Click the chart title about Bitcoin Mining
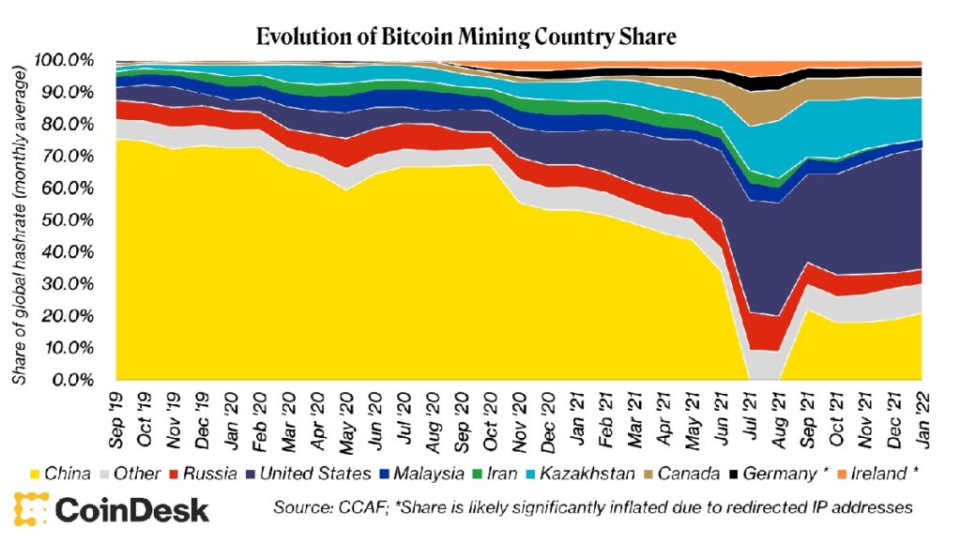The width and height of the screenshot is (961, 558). (465, 37)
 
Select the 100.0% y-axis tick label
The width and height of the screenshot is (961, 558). (65, 60)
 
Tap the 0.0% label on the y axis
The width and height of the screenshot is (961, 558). (70, 380)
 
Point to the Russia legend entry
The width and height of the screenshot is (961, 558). (205, 474)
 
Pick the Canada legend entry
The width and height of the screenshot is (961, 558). (686, 474)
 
